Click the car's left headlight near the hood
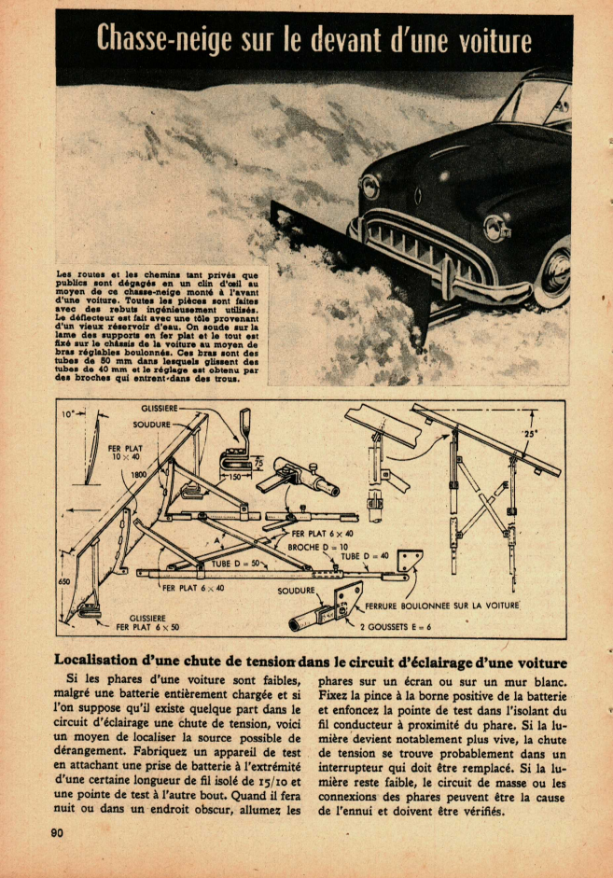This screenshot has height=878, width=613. click(370, 187)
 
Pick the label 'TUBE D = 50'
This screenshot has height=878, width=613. click(234, 564)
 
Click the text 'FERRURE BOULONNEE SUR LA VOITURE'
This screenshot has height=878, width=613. click(440, 605)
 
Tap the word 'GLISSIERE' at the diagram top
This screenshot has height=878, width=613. click(160, 409)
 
